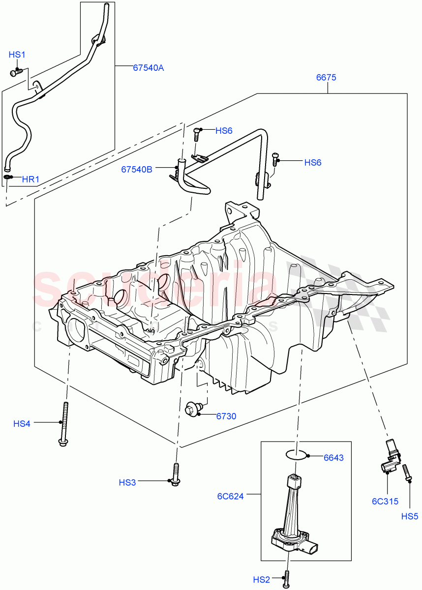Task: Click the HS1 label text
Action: [17, 55]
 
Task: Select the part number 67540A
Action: [148, 68]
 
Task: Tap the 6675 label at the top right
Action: [326, 78]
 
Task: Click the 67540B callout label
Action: [137, 170]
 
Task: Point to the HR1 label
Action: [30, 179]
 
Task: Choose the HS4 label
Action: [22, 423]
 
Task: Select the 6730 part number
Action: [226, 416]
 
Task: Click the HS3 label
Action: [127, 483]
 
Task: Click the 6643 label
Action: [333, 458]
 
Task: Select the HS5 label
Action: [410, 517]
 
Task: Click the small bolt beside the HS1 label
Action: [16, 72]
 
